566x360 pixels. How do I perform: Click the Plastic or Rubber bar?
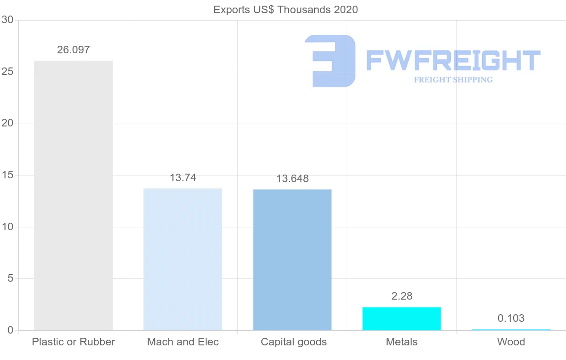[x=73, y=195]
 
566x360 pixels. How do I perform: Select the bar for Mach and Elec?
[x=183, y=259]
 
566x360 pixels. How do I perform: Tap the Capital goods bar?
[x=292, y=260]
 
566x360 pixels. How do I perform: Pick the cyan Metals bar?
[x=401, y=318]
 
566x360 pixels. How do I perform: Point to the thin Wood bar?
[x=511, y=330]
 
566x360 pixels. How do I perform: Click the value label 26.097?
[x=73, y=50]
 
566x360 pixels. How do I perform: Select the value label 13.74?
[x=183, y=178]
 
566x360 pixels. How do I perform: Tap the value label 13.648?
[x=292, y=179]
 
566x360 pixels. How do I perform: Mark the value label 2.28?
[x=402, y=296]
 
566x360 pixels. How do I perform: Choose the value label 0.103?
[x=511, y=318]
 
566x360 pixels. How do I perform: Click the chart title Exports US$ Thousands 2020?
[x=286, y=9]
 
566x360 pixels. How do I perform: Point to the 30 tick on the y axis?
[x=7, y=20]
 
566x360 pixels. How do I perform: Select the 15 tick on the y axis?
[x=7, y=176]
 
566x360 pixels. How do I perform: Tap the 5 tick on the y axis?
[x=10, y=279]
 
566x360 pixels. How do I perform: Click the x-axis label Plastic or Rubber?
[x=73, y=342]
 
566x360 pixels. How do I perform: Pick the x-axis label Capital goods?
[x=294, y=342]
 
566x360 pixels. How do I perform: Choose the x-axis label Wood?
[x=511, y=342]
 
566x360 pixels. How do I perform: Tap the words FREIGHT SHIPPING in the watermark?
[x=453, y=80]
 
